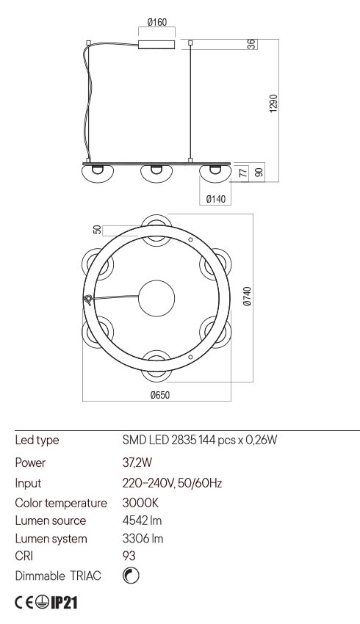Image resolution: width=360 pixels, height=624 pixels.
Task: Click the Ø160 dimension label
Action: point(157,22)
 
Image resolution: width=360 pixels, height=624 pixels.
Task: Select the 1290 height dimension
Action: point(273,104)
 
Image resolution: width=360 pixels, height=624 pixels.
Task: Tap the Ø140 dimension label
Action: point(216,199)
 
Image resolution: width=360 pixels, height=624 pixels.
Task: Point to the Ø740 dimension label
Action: point(248,297)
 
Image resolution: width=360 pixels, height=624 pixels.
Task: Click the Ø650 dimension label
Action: point(159,395)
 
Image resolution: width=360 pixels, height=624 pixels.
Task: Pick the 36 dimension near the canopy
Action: point(251,44)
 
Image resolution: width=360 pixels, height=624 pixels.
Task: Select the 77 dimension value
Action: point(243,173)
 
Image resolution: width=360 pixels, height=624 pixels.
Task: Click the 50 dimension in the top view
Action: point(97,230)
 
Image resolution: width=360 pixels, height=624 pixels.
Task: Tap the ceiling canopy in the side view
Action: point(156,44)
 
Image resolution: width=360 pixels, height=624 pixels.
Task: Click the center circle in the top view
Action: point(156,298)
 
